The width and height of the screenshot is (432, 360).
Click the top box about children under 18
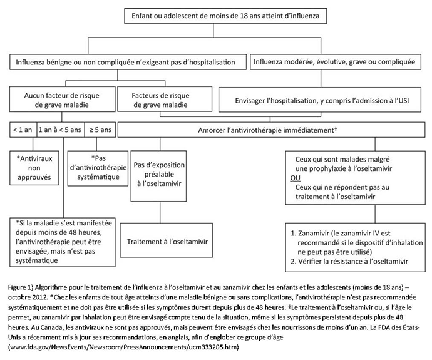tap(225, 16)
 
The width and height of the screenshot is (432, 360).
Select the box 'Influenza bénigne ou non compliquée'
tap(128, 62)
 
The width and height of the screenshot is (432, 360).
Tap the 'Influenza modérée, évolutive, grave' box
tap(336, 62)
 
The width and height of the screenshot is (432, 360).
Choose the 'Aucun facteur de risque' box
tap(62, 100)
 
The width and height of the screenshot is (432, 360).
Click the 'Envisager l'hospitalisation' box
tap(320, 100)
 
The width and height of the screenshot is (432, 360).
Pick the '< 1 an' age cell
tap(23, 130)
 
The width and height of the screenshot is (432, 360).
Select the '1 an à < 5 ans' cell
tap(61, 130)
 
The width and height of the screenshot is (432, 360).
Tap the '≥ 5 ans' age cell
tap(100, 130)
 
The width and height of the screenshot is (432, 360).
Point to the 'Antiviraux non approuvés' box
tap(34, 168)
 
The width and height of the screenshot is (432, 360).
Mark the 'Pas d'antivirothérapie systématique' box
tap(98, 168)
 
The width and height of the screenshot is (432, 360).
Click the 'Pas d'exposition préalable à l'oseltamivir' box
tap(158, 176)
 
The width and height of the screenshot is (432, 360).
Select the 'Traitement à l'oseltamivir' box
tap(167, 240)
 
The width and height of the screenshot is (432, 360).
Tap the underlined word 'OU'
tap(295, 178)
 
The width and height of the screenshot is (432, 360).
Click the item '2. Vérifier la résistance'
tap(349, 261)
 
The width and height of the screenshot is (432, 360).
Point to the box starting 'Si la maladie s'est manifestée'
tap(62, 242)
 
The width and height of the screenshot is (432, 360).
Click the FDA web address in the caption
tap(124, 347)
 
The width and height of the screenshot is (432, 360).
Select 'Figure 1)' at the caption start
tap(21, 287)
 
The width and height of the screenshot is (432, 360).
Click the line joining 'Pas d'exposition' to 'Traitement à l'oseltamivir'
tap(160, 212)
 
